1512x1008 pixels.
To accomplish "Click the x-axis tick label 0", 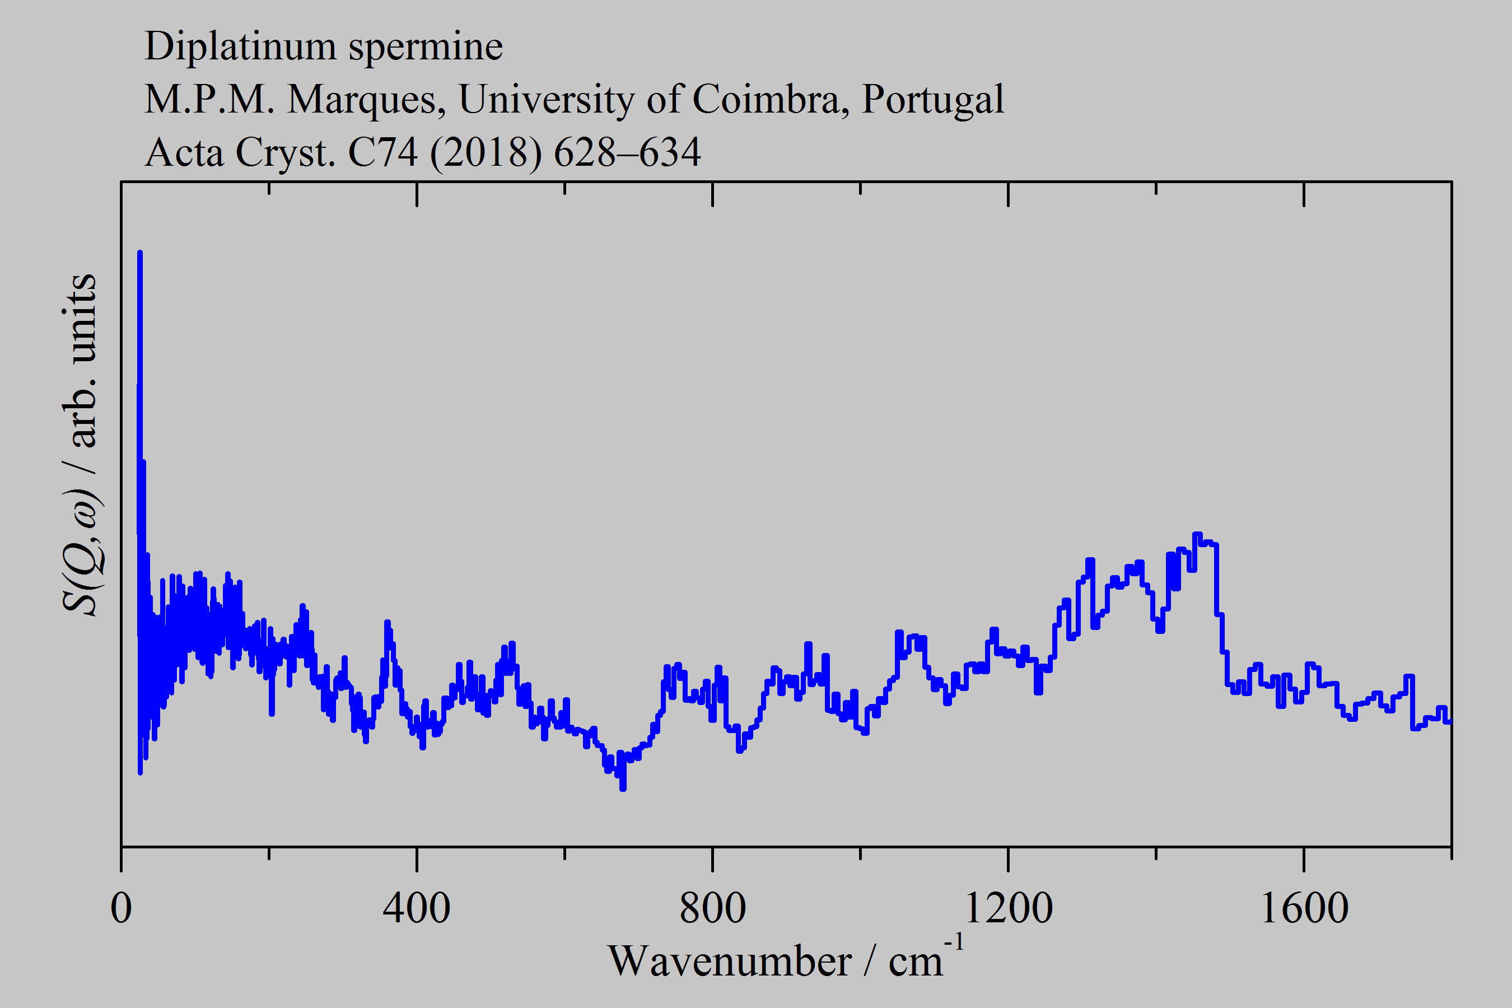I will click(121, 908).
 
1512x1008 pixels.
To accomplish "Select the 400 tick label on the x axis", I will click(417, 908).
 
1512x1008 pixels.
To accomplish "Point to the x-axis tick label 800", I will click(712, 908).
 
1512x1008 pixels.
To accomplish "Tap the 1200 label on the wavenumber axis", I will click(1008, 908).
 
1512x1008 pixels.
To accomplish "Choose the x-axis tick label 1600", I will click(1304, 908).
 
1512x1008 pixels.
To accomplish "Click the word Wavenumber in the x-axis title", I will click(730, 962).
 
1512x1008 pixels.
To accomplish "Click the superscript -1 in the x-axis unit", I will click(954, 943).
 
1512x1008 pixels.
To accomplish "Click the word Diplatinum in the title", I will click(240, 46).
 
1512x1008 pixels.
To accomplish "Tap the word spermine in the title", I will click(426, 46).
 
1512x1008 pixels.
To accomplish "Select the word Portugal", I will click(932, 100).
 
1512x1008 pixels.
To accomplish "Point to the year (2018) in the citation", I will click(486, 153).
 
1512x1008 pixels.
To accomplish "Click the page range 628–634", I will click(627, 153).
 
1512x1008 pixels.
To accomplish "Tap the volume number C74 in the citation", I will click(382, 153).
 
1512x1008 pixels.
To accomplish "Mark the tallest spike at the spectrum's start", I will click(139, 253).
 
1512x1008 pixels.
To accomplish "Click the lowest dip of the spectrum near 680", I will click(622, 787).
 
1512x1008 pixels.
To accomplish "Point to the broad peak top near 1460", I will click(1197, 535).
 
